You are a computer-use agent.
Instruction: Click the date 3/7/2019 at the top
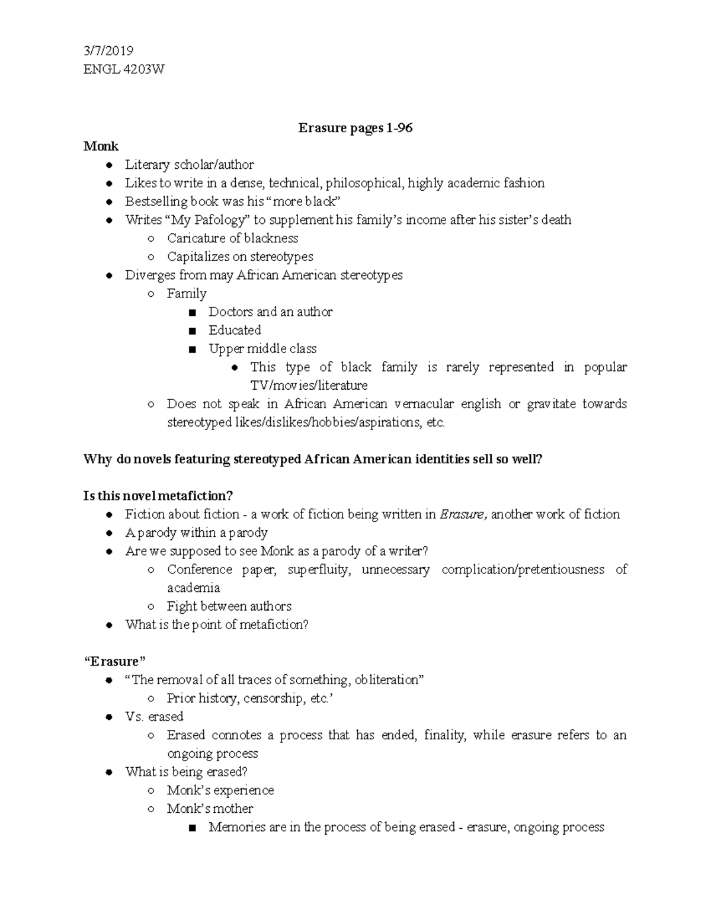click(x=108, y=51)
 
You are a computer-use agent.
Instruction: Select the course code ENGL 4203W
click(x=124, y=69)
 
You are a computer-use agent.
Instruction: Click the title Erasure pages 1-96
click(x=355, y=127)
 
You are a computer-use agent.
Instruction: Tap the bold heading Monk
click(x=101, y=146)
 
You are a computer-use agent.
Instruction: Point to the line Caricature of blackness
click(x=232, y=238)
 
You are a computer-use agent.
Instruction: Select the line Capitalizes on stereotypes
click(x=240, y=257)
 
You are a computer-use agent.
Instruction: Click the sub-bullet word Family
click(x=187, y=293)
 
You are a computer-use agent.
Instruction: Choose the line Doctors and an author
click(x=270, y=312)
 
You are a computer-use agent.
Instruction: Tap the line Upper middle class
click(x=262, y=348)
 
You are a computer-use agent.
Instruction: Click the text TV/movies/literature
click(x=309, y=386)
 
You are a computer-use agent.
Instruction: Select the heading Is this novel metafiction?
click(x=159, y=495)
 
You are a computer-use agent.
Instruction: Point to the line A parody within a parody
click(x=196, y=533)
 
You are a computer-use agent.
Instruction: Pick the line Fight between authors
click(x=229, y=606)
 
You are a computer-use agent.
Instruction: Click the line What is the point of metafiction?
click(x=217, y=624)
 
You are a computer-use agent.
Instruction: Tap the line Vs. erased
click(x=154, y=716)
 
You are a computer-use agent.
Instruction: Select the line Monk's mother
click(x=210, y=809)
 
